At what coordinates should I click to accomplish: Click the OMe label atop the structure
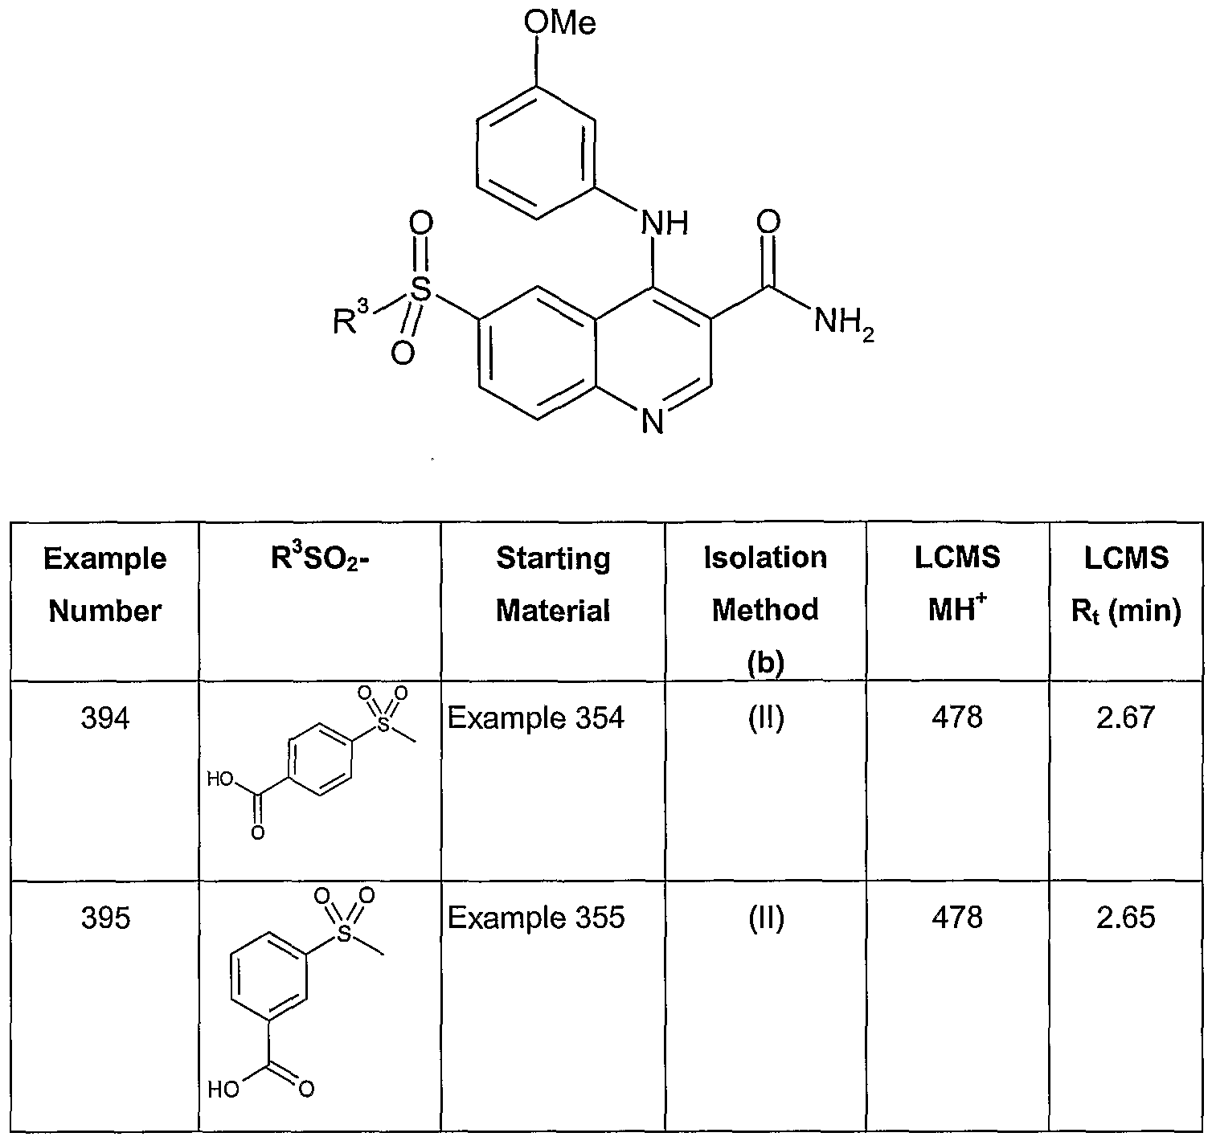(559, 24)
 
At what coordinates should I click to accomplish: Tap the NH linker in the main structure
(665, 223)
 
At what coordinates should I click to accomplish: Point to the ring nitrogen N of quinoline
(653, 421)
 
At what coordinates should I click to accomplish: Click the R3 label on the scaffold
(351, 317)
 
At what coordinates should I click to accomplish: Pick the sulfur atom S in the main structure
(420, 289)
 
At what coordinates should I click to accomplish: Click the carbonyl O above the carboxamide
(768, 222)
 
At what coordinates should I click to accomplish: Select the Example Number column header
(105, 585)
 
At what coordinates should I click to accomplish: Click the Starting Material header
(553, 585)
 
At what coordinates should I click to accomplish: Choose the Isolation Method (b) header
(765, 610)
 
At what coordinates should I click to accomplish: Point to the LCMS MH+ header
(957, 583)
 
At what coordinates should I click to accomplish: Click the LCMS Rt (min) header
(1126, 585)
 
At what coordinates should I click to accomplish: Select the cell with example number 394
(105, 718)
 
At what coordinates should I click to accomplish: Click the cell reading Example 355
(536, 918)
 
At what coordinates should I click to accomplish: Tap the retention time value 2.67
(1126, 718)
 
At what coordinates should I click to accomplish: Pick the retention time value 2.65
(1126, 918)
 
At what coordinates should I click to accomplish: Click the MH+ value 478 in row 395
(957, 918)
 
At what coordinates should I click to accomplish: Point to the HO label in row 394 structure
(220, 779)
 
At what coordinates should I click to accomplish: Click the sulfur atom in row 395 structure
(346, 934)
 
